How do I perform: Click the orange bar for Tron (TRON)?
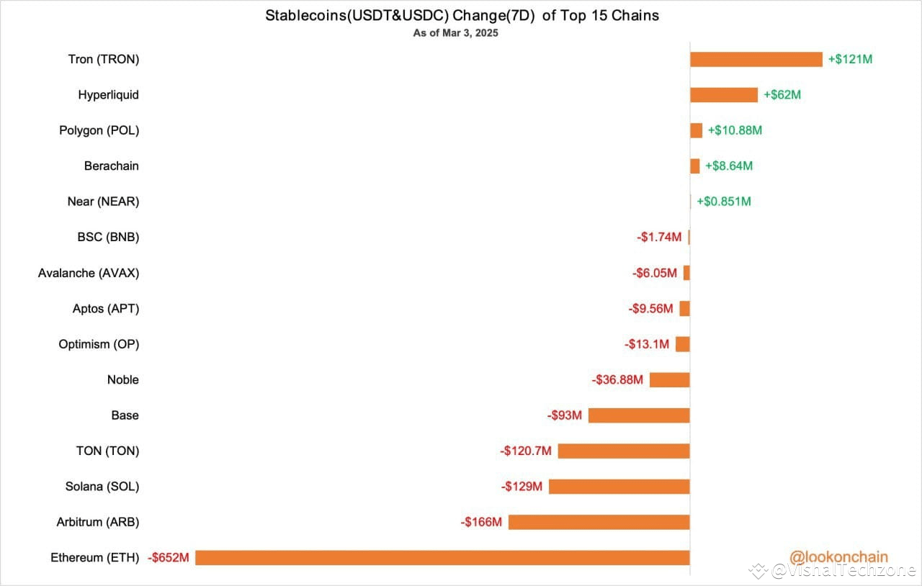point(756,59)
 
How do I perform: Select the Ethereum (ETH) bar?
point(442,557)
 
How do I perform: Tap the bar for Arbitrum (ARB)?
point(599,522)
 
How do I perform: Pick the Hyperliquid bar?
point(723,95)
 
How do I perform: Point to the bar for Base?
point(639,415)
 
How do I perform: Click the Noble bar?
point(669,379)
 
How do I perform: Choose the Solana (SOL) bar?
point(619,487)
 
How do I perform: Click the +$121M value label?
point(850,59)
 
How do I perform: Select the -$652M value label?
point(168,557)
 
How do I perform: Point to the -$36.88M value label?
point(617,379)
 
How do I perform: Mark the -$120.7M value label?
point(526,451)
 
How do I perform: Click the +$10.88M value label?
point(735,130)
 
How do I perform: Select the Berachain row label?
point(111,166)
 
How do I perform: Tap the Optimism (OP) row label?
point(99,344)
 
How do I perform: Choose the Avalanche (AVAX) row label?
point(89,273)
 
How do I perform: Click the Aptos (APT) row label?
point(106,309)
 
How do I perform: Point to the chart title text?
point(462,15)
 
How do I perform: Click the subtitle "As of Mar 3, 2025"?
point(455,33)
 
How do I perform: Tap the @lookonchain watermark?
point(838,556)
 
